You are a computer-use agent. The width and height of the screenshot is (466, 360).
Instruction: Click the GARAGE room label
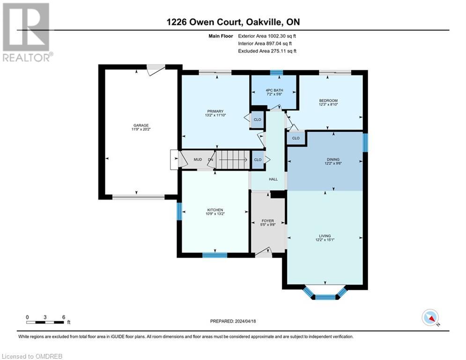point(141,125)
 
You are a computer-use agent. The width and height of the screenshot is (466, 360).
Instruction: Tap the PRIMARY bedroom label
point(215,111)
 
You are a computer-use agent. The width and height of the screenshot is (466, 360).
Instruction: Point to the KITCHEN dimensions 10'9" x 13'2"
point(215,214)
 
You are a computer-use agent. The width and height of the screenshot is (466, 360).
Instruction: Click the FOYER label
point(267,221)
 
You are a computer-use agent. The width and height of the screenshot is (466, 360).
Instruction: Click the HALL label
point(273,179)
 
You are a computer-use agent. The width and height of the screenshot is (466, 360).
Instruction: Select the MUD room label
point(198,160)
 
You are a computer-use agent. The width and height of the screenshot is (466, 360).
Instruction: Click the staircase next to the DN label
point(232,160)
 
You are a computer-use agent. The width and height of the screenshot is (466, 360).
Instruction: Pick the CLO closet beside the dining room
point(296,138)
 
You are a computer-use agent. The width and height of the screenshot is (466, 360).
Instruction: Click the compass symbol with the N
point(430,317)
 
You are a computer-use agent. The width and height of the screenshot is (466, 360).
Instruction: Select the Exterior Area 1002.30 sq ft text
point(267,36)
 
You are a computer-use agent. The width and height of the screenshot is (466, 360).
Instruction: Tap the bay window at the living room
point(325,293)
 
